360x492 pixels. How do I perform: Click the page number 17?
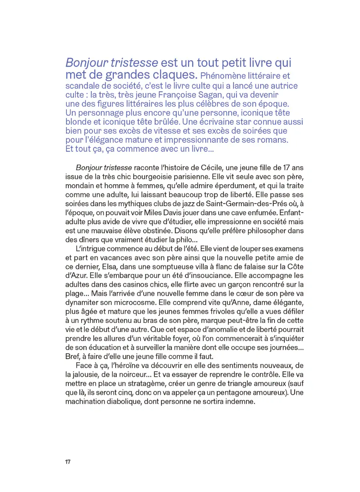(68, 462)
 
